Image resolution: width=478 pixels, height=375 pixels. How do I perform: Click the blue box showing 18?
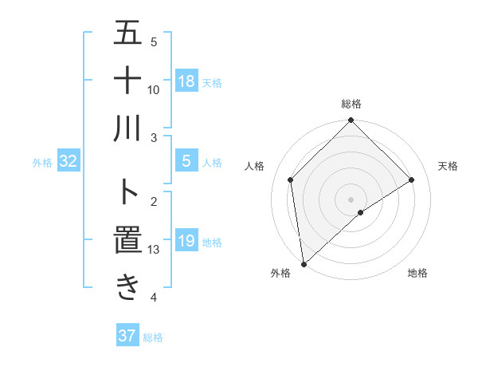point(186,81)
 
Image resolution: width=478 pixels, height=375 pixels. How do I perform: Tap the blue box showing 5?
point(186,162)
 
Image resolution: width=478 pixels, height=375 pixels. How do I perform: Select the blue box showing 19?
point(186,241)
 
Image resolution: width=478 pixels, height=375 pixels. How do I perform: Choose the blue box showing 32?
point(69,162)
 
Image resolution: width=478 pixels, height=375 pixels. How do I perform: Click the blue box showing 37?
point(127,336)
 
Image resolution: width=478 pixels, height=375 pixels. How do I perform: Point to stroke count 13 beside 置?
point(155,250)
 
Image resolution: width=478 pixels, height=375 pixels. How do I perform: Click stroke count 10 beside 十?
point(155,89)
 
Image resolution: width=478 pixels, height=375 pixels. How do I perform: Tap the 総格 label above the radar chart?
point(351,104)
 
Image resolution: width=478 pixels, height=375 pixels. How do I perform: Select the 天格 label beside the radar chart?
point(449,166)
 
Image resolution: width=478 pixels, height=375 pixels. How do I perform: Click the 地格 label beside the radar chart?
point(417,273)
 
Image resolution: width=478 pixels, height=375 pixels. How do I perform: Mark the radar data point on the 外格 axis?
point(303,264)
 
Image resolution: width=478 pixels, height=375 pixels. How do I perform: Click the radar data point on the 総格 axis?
point(351,121)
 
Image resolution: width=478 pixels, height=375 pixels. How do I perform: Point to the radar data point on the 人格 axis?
point(291,180)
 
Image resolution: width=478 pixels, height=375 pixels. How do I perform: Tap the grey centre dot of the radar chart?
point(351,199)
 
